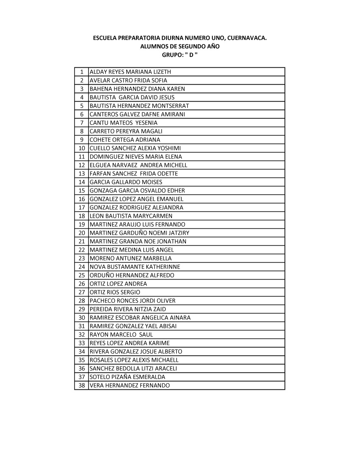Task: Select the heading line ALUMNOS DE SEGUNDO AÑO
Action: [x=180, y=47]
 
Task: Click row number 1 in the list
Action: [x=81, y=72]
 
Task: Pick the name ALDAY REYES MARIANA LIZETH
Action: [x=130, y=72]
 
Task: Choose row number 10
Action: [x=81, y=148]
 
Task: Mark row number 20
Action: [x=81, y=233]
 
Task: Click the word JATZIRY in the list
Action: [x=178, y=233]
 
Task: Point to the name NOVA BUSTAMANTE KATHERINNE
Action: [x=135, y=267]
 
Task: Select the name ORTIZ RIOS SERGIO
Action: [x=115, y=292]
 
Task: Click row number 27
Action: [x=81, y=292]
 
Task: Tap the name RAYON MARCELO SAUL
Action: [x=121, y=335]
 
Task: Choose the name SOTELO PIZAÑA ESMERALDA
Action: [x=127, y=377]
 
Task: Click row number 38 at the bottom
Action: [x=81, y=386]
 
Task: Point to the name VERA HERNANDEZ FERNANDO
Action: [x=130, y=386]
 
